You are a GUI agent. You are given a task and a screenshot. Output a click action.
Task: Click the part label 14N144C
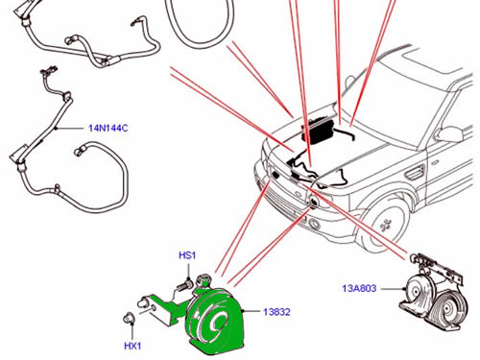coord(108,129)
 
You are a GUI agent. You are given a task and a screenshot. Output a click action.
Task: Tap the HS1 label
coord(187,255)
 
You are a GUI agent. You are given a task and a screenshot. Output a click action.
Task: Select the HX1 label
coord(132,346)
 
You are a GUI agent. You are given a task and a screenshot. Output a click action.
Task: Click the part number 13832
coord(276,312)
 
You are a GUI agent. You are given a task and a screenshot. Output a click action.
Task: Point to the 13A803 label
coord(359,288)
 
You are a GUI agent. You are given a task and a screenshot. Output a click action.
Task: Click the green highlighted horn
coord(214,320)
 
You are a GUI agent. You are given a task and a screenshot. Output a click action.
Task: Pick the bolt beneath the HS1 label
coord(184,284)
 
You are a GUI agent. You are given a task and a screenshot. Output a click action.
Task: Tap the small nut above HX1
coord(129,318)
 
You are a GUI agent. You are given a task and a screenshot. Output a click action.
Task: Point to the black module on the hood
coord(319,131)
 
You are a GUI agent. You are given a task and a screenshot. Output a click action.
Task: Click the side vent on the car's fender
coord(415,172)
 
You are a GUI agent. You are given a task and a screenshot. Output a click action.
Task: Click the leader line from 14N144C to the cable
coord(69,129)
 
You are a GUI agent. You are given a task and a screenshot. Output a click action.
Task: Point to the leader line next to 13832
coord(252,311)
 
